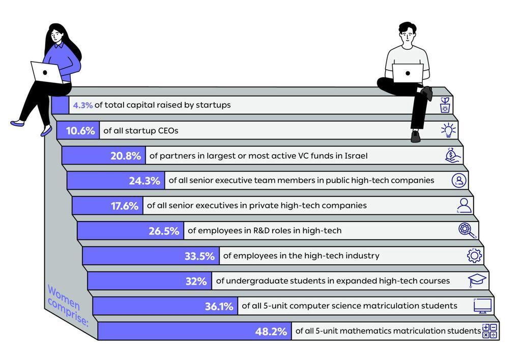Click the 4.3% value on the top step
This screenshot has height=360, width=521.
(x=82, y=105)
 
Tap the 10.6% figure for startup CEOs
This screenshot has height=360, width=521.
(x=80, y=131)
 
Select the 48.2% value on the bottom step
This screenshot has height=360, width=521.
(x=271, y=332)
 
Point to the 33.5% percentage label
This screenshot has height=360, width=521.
(x=199, y=256)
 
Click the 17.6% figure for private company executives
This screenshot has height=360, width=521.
(x=125, y=206)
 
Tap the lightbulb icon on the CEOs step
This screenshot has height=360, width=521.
(x=448, y=131)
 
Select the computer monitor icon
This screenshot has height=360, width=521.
(x=482, y=306)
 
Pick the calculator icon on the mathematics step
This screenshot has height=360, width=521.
(x=489, y=331)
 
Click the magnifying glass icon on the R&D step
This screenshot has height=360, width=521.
(x=467, y=231)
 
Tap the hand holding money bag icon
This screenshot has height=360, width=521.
(x=453, y=155)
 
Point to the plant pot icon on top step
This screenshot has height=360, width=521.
(x=445, y=105)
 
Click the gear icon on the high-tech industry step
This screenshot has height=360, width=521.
(x=474, y=256)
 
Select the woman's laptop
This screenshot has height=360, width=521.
(x=46, y=72)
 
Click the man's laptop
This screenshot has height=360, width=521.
(x=408, y=73)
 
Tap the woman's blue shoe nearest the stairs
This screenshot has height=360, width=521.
(x=46, y=130)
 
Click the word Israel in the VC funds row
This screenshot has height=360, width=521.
(x=355, y=156)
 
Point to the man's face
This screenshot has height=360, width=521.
(x=407, y=36)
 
